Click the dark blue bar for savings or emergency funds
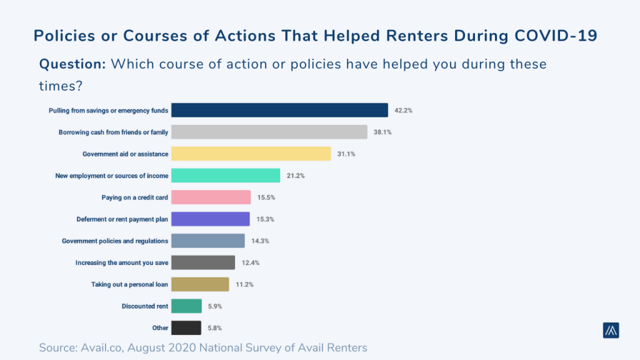pyautogui.click(x=279, y=110)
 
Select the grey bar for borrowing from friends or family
pyautogui.click(x=269, y=132)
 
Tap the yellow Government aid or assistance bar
pyautogui.click(x=251, y=154)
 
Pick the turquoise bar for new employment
pyautogui.click(x=225, y=176)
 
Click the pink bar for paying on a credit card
pyautogui.click(x=211, y=197)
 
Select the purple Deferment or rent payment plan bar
pyautogui.click(x=210, y=219)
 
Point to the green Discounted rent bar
pyautogui.click(x=186, y=306)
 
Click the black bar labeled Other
pyautogui.click(x=186, y=327)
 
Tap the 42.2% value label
pyautogui.click(x=403, y=111)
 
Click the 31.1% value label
pyautogui.click(x=346, y=154)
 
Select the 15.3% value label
pyautogui.click(x=265, y=219)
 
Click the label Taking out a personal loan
pyautogui.click(x=129, y=284)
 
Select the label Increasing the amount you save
pyautogui.click(x=121, y=262)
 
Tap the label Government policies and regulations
pyautogui.click(x=115, y=241)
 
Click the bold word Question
pyautogui.click(x=72, y=64)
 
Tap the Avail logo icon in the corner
pyautogui.click(x=611, y=331)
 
